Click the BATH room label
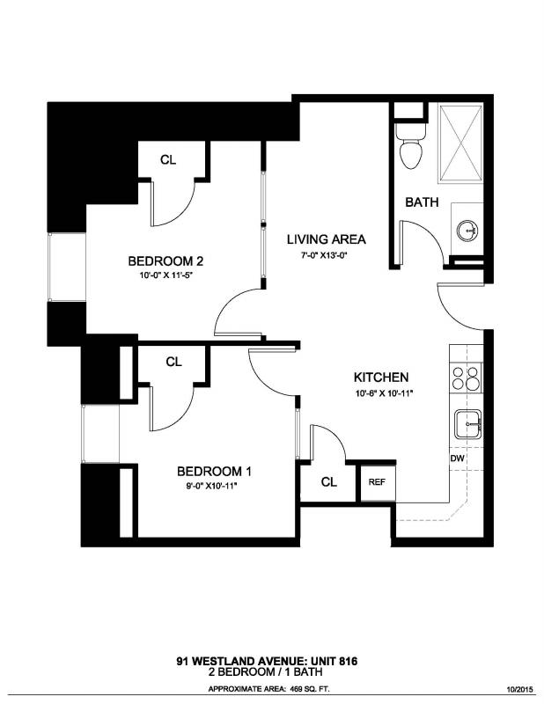422,202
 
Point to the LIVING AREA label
325,239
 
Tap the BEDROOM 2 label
166,261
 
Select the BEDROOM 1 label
214,470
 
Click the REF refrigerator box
376,481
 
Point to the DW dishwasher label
457,458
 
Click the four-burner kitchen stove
466,378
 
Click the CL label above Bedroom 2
168,160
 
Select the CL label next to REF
328,481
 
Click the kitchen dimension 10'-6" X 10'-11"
384,392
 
